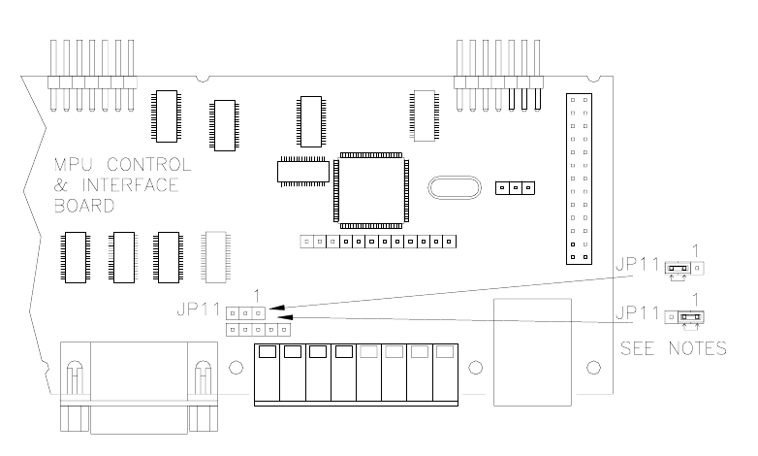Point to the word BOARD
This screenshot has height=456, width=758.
point(84,206)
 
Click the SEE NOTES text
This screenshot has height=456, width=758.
point(674,348)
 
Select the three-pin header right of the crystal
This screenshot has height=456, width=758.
point(515,187)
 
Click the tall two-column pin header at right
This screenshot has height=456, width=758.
point(581,179)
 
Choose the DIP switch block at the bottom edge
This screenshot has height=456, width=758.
point(355,372)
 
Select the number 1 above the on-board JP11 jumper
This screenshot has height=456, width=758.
point(255,295)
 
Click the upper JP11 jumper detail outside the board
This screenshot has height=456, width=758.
point(683,268)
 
